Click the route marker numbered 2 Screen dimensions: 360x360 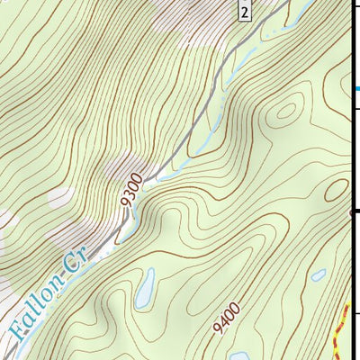click(x=244, y=10)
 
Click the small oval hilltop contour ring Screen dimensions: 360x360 click(x=286, y=112)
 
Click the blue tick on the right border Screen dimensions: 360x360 click(x=356, y=88)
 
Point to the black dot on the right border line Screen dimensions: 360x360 click(x=352, y=212)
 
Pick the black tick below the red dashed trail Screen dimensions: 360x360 click(x=355, y=314)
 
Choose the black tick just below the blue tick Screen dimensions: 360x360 click(x=355, y=107)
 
